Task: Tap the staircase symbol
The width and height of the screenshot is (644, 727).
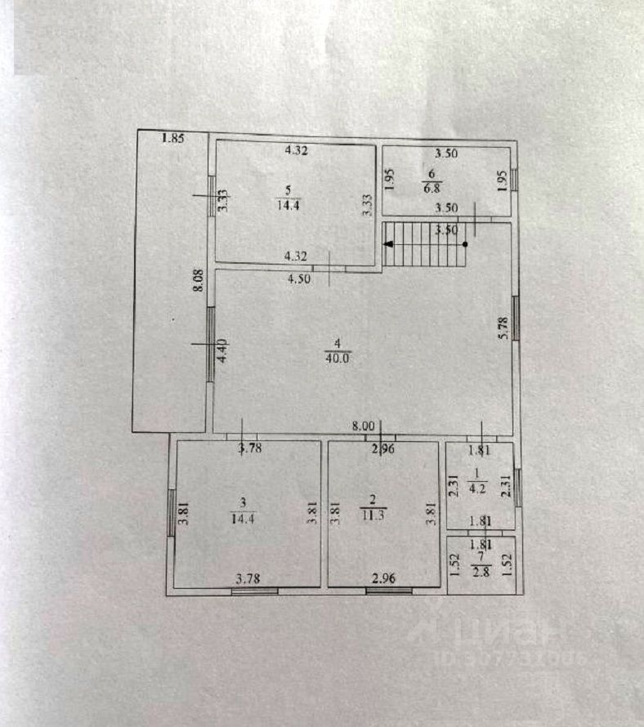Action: [425, 244]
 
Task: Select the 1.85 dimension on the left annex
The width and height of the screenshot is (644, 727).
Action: [173, 139]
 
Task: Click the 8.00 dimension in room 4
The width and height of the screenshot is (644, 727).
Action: [363, 426]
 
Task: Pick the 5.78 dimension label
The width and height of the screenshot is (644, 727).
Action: [504, 328]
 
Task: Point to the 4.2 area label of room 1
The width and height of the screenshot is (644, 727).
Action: [476, 490]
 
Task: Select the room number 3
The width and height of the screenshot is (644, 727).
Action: [243, 501]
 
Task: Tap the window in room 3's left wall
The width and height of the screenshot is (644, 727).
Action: [171, 512]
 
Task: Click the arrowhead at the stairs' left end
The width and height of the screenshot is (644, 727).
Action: [389, 243]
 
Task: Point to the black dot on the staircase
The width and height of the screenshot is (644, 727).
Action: [465, 243]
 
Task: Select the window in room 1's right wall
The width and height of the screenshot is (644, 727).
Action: [517, 494]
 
